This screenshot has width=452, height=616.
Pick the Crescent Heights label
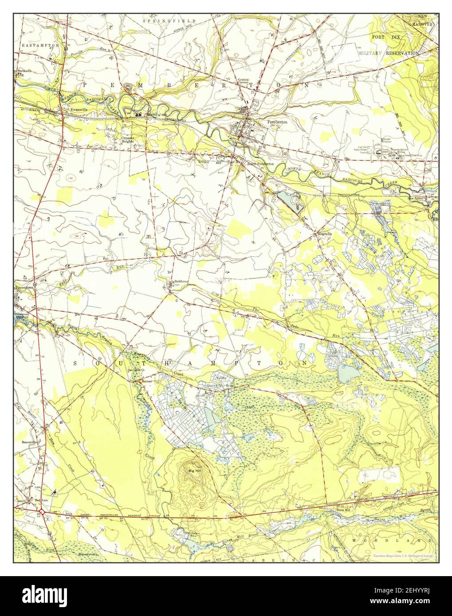(x=128, y=139)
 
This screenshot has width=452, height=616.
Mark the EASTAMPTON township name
(x=40, y=45)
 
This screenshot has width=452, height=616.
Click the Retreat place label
(x=146, y=381)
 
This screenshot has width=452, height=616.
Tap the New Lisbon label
(x=418, y=199)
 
